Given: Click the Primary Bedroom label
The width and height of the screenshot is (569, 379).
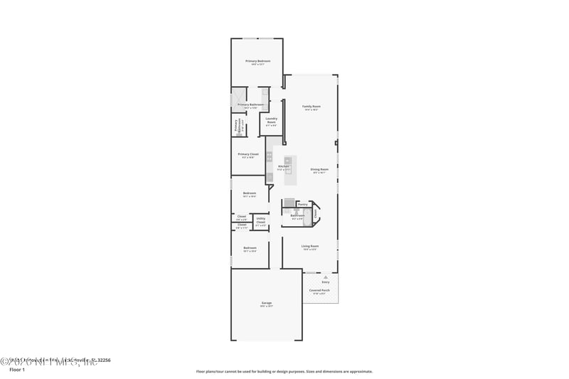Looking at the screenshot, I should pyautogui.click(x=257, y=61).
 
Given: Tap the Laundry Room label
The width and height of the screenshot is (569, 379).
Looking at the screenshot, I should pyautogui.click(x=271, y=121).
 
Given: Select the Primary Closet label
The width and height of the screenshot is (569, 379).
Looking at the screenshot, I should pyautogui.click(x=248, y=154).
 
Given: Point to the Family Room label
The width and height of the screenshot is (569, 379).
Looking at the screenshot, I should pyautogui.click(x=311, y=107).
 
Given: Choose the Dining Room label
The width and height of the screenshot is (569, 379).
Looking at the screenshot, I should pyautogui.click(x=319, y=169).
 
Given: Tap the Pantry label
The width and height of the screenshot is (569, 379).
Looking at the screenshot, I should pyautogui.click(x=303, y=204).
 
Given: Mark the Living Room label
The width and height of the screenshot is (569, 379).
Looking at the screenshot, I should pyautogui.click(x=310, y=246).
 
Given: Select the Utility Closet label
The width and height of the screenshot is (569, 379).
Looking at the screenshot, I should pyautogui.click(x=261, y=220).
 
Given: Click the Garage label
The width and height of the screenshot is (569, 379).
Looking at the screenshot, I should pyautogui.click(x=267, y=303).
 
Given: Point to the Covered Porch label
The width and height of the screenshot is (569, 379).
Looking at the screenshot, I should pyautogui.click(x=319, y=290).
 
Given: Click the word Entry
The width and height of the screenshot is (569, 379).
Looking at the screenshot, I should pyautogui.click(x=326, y=282).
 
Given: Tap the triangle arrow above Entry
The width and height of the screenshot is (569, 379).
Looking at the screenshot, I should pyautogui.click(x=326, y=277).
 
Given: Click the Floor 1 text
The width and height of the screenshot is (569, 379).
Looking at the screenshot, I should pyautogui.click(x=16, y=370).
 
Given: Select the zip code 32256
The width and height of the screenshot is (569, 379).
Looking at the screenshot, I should pyautogui.click(x=103, y=360).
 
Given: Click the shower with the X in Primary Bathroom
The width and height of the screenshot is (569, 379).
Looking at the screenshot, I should pyautogui.click(x=237, y=96).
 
